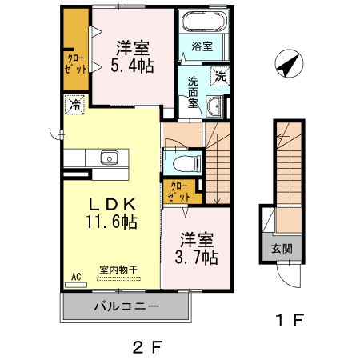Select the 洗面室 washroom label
(x=194, y=90)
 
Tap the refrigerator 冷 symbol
(x=74, y=103)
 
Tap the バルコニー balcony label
(x=126, y=306)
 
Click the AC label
(x=77, y=277)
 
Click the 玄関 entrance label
(x=282, y=249)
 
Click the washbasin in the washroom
(x=213, y=106)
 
